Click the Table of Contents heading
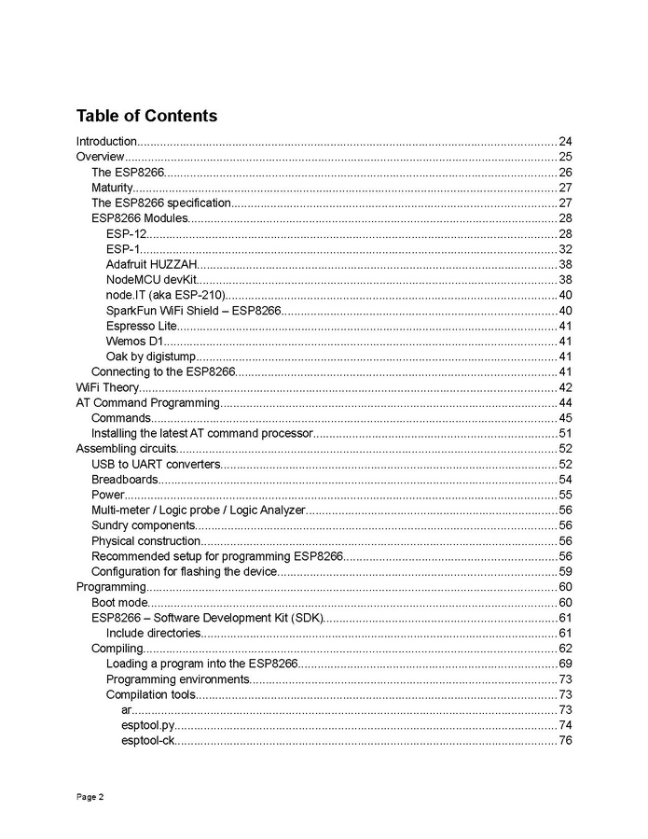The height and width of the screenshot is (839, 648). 146,116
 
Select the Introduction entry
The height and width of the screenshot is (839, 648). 106,142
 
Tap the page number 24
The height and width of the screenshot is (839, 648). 565,142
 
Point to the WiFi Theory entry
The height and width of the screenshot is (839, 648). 107,387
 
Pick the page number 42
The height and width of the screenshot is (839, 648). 565,387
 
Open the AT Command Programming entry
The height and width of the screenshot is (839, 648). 147,403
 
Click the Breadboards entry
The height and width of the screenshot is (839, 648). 124,480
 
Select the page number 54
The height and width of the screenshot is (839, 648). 565,480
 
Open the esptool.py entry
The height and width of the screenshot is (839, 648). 147,725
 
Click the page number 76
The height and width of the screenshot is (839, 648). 565,741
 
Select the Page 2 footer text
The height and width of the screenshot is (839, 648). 90,797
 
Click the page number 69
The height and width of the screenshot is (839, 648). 565,664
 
